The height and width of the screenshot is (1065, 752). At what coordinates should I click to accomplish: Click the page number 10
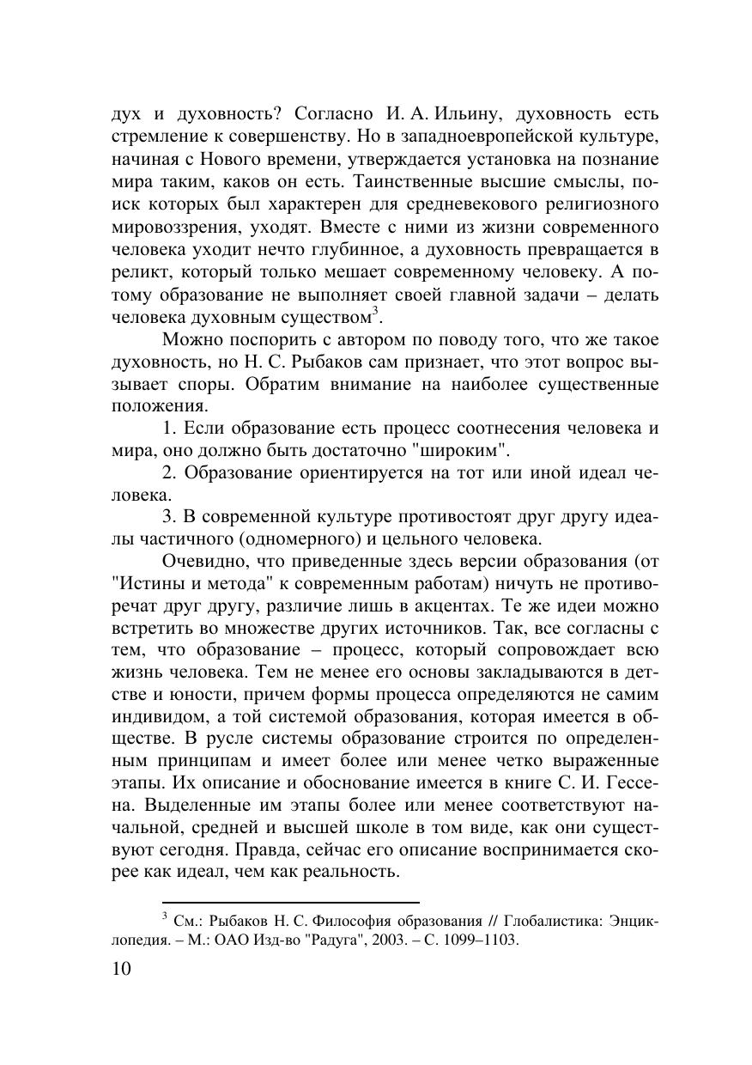[x=122, y=970]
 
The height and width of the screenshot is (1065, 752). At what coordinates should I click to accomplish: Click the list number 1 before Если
[x=167, y=429]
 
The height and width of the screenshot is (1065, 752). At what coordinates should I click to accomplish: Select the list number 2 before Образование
[x=168, y=474]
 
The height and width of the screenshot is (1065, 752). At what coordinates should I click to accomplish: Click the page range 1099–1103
[x=484, y=940]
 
